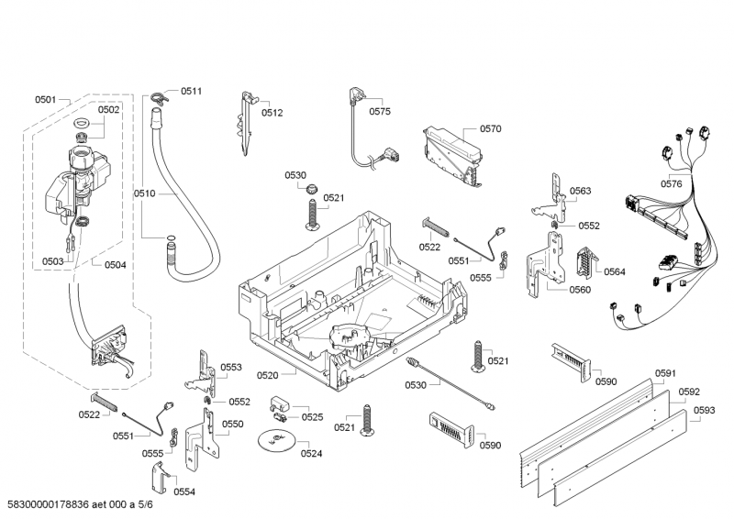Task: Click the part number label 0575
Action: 380,111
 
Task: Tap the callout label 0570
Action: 491,129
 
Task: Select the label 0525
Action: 313,417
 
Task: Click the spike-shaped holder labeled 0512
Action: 248,120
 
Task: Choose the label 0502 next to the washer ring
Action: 109,109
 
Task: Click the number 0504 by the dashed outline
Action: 116,265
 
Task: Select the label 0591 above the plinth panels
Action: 665,373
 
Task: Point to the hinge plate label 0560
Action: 580,290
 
